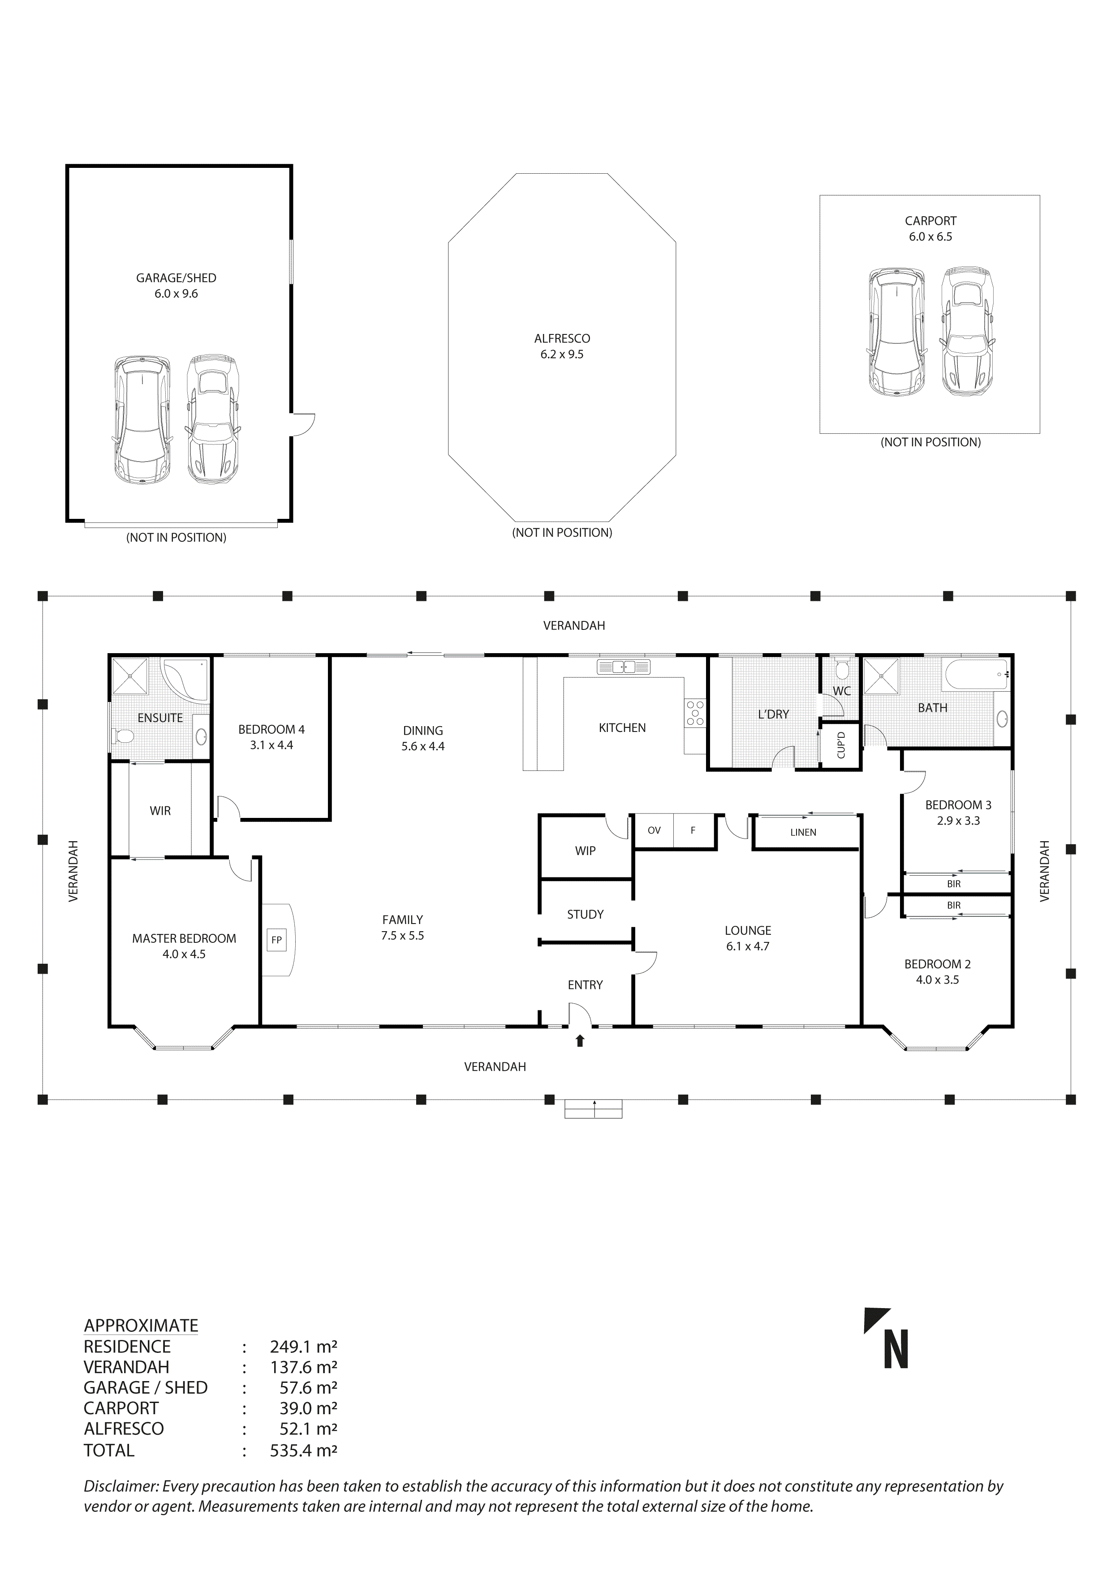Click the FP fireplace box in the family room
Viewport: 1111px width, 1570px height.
coord(276,940)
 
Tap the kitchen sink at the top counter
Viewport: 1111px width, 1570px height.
coord(623,667)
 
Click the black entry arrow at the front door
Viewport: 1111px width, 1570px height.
coord(580,1041)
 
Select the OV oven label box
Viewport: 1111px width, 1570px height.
coord(654,830)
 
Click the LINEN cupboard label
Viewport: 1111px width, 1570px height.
coord(803,832)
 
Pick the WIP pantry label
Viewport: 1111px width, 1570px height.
coord(585,851)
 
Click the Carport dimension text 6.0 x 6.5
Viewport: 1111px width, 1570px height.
coord(930,236)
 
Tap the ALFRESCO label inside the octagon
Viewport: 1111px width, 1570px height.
coord(562,338)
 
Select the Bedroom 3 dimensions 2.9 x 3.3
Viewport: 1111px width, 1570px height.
coord(958,821)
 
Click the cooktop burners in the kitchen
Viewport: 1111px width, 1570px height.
coord(695,713)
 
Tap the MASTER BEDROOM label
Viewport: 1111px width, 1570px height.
coord(184,938)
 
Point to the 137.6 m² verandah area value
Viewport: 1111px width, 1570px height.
coord(303,1367)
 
